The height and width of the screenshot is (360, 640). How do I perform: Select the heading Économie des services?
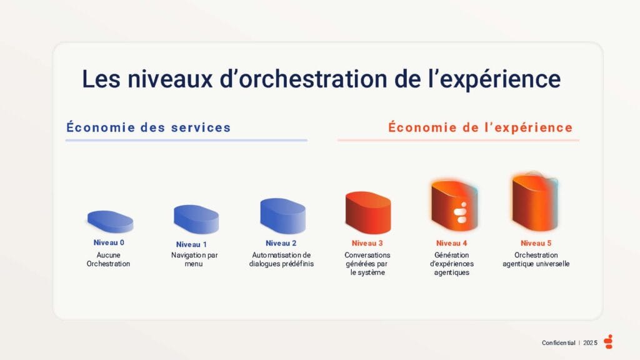148,127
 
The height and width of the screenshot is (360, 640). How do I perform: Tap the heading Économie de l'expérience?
480,127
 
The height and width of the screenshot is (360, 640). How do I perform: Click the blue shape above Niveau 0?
110,221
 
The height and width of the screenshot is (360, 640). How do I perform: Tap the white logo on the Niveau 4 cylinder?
461,213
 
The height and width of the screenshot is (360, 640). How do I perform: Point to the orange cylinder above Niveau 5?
535,204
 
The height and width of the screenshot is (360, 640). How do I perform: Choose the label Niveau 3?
367,243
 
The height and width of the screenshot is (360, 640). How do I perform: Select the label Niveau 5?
536,243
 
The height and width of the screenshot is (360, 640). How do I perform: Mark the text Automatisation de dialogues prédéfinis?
281,259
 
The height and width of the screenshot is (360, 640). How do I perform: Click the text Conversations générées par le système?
367,264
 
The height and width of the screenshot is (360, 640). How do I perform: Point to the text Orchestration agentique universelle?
536,259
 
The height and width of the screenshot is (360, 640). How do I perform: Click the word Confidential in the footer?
558,342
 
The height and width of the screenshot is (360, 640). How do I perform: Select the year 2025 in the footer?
591,342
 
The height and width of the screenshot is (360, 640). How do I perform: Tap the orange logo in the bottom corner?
609,341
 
